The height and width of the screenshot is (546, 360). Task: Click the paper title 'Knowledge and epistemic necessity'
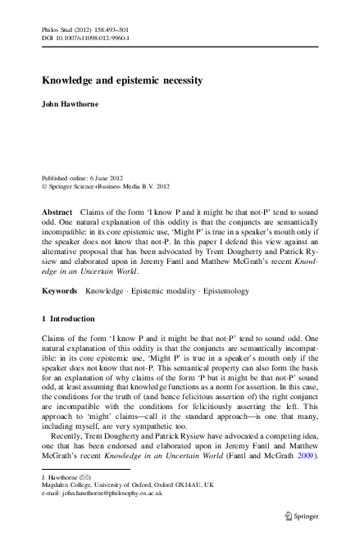tap(123, 81)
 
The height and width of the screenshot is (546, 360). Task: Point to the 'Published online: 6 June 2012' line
tap(83, 177)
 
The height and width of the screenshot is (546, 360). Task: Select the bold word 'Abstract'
tap(57, 212)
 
